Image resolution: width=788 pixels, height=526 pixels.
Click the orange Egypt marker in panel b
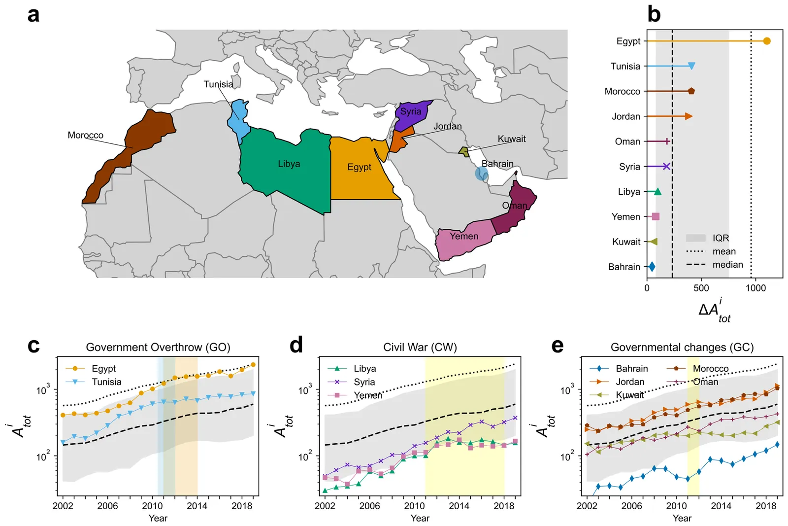[x=766, y=41]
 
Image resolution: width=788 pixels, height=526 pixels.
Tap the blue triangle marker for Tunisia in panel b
[x=691, y=66]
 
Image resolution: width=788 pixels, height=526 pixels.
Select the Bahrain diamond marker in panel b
[x=652, y=267]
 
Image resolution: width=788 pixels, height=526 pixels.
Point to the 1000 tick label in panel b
[x=755, y=288]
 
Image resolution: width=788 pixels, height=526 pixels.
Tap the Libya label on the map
[x=289, y=164]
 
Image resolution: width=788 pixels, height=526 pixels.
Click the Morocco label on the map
[x=85, y=135]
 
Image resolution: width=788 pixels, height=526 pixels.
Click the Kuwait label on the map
[x=511, y=139]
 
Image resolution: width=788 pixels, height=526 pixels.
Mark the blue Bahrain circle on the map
[x=482, y=174]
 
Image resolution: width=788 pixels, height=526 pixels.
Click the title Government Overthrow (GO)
[x=158, y=347]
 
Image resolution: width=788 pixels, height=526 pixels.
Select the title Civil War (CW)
[x=420, y=347]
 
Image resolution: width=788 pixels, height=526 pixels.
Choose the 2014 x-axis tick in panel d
[x=459, y=506]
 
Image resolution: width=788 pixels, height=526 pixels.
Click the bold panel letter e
[x=557, y=346]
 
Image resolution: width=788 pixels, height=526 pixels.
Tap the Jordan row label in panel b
[x=626, y=116]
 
